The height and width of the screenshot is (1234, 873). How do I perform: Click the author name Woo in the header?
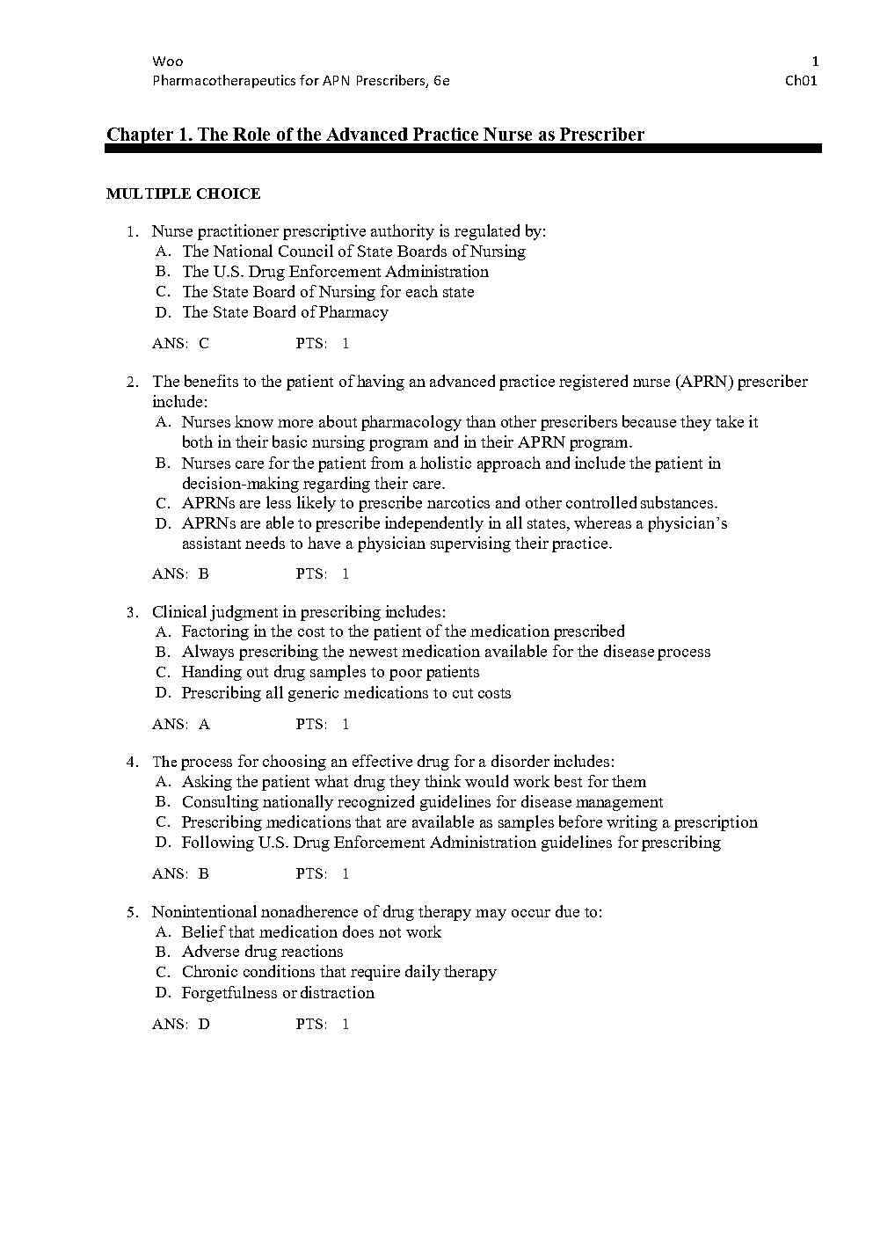tap(167, 62)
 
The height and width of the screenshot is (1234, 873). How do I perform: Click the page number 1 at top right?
tap(815, 62)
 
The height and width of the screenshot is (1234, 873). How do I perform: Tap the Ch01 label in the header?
tap(802, 81)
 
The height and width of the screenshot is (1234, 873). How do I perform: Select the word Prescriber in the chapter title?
tap(602, 135)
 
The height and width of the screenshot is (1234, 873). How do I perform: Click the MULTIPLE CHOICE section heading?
tap(183, 193)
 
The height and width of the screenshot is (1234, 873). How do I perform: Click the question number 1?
tap(131, 232)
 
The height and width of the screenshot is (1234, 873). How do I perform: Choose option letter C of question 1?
tap(162, 292)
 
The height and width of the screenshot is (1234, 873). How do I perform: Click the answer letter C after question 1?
tap(204, 344)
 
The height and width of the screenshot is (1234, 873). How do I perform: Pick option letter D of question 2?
tap(162, 524)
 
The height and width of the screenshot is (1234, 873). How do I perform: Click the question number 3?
tap(131, 612)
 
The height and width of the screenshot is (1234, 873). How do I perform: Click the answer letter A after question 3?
tap(204, 725)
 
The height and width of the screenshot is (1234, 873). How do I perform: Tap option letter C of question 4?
tap(162, 822)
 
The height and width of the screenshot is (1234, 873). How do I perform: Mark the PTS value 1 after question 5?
tap(346, 1025)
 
